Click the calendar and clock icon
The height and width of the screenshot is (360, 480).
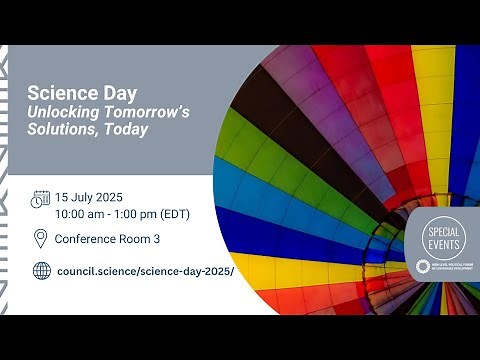click(40, 199)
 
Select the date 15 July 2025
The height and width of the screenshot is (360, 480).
click(96, 197)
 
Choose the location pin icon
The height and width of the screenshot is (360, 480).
click(40, 238)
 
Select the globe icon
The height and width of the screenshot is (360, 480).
click(41, 270)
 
